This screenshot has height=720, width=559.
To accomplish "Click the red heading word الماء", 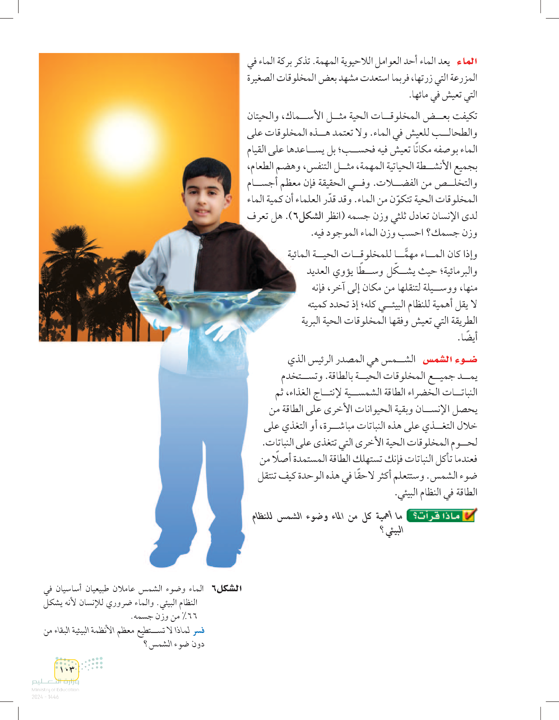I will [x=467, y=61].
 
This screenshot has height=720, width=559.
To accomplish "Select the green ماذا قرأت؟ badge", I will [x=440, y=516].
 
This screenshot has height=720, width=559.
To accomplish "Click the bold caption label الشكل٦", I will [x=226, y=588].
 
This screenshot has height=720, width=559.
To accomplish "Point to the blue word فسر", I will [x=199, y=630].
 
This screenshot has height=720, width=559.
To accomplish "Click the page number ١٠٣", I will [x=67, y=669].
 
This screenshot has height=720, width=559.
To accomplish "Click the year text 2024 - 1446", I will [x=45, y=697].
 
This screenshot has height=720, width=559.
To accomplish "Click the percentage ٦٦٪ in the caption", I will [x=190, y=616].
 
